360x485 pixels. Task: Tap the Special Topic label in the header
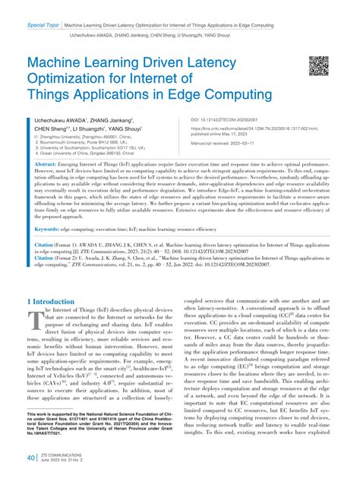pos(43,25)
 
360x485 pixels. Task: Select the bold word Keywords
pos(48,208)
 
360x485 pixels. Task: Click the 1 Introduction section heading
pos(55,302)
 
